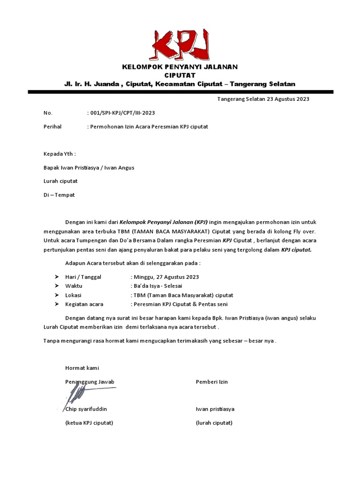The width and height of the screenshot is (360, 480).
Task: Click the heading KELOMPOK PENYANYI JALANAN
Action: [180, 67]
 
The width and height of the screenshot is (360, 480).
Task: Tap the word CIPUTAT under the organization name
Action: [180, 75]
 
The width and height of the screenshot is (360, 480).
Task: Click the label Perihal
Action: [52, 127]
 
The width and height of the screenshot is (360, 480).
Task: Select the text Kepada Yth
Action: [60, 154]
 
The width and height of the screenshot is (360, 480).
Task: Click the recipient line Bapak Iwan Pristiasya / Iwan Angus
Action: [89, 167]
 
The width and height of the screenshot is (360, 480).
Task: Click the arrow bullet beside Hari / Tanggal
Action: [57, 277]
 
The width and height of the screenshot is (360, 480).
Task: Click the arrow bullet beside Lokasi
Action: [57, 295]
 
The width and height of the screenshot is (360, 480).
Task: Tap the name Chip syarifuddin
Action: [86, 409]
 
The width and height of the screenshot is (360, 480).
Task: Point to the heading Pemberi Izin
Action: [211, 382]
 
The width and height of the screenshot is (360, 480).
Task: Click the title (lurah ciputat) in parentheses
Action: [214, 423]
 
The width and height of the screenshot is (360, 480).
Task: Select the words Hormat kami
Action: [82, 368]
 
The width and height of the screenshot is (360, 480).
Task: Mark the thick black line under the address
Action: [180, 92]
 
